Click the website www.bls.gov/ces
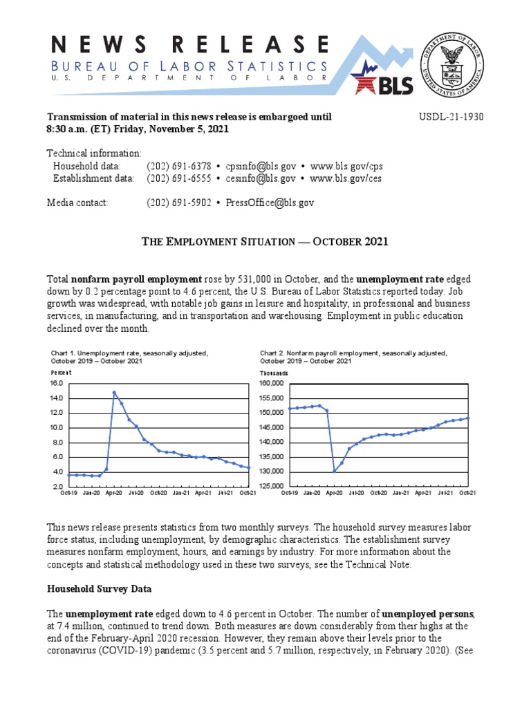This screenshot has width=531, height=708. (x=346, y=178)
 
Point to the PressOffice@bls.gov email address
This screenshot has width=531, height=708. (x=269, y=203)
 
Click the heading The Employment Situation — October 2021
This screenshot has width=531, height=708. (x=265, y=241)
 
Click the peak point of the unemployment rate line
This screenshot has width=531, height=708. (x=114, y=393)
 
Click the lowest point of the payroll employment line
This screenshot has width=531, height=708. (x=335, y=471)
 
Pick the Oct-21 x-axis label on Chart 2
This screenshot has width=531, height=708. (x=467, y=492)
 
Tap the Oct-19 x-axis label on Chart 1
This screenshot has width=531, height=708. (x=69, y=492)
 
